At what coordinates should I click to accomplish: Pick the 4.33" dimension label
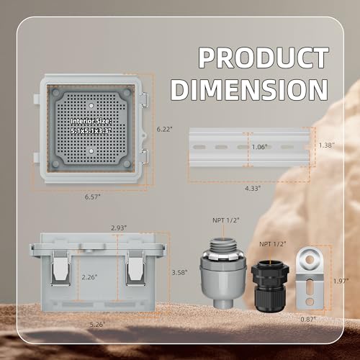(x=251, y=189)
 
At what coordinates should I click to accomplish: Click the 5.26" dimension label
(x=97, y=324)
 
